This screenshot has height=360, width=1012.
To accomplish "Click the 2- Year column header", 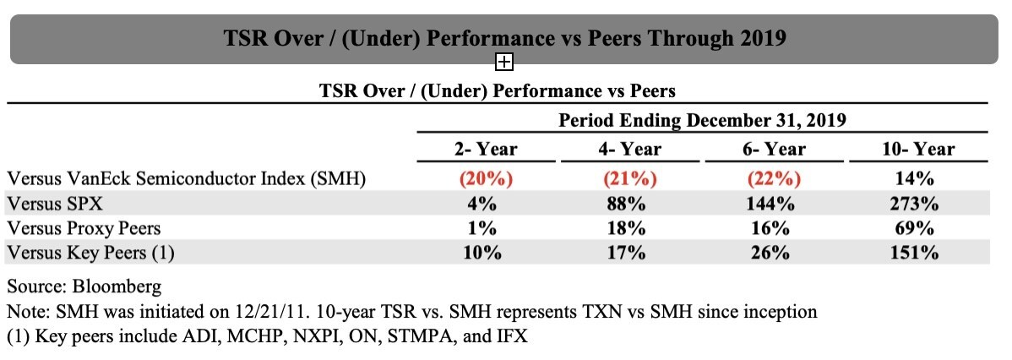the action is tap(486, 150).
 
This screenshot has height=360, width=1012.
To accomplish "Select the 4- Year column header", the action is tap(630, 150).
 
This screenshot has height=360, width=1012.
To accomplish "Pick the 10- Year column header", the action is tap(918, 150).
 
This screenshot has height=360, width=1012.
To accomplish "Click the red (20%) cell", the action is tap(486, 178).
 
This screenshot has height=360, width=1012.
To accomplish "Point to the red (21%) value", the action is tap(630, 178).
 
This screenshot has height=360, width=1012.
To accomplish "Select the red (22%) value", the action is tap(775, 178).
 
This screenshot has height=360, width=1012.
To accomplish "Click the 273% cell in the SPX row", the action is tap(918, 204).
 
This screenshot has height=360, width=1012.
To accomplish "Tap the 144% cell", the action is tap(775, 204).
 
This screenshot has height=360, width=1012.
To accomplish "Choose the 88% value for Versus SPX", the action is tap(630, 204).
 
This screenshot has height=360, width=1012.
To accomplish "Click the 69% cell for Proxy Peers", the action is tap(918, 228).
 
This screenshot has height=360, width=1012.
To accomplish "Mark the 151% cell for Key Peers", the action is tap(918, 253).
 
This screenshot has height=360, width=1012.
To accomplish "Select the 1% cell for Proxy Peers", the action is tap(486, 228).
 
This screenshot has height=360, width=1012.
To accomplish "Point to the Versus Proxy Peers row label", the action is tap(84, 228).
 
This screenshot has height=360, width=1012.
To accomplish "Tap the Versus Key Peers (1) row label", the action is tap(90, 253).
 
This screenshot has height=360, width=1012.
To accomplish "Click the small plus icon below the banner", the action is tap(504, 62).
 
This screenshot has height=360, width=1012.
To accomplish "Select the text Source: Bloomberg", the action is tap(84, 286).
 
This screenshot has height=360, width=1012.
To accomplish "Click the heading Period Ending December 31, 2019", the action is tap(702, 120).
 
